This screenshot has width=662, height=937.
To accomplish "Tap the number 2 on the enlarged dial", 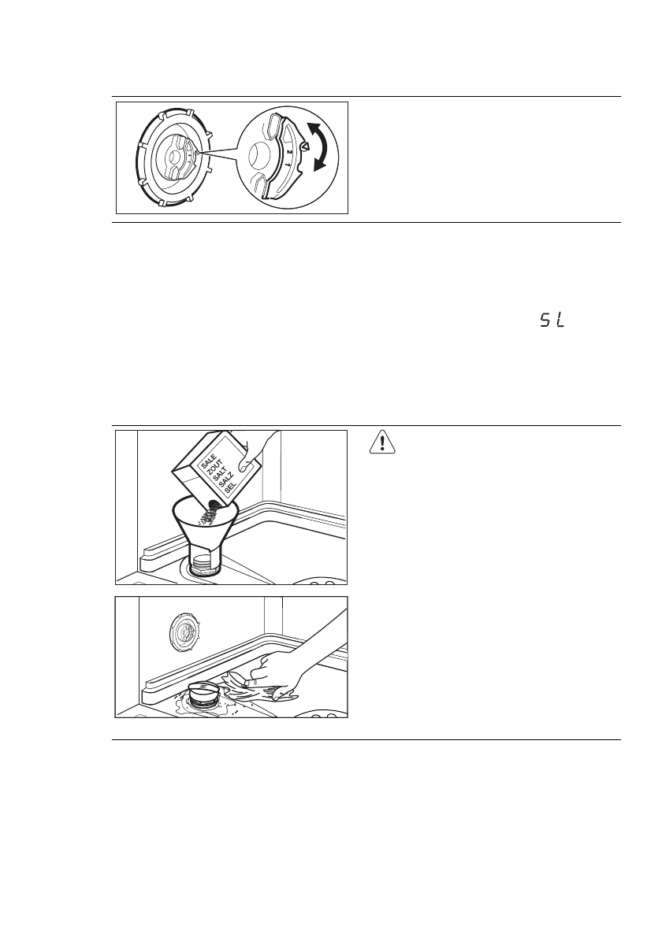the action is (x=290, y=151).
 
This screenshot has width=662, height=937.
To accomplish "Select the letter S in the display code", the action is (x=545, y=322).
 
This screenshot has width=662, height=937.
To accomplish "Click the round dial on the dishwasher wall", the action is (x=182, y=631).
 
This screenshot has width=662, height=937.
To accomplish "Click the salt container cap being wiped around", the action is (x=206, y=688).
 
